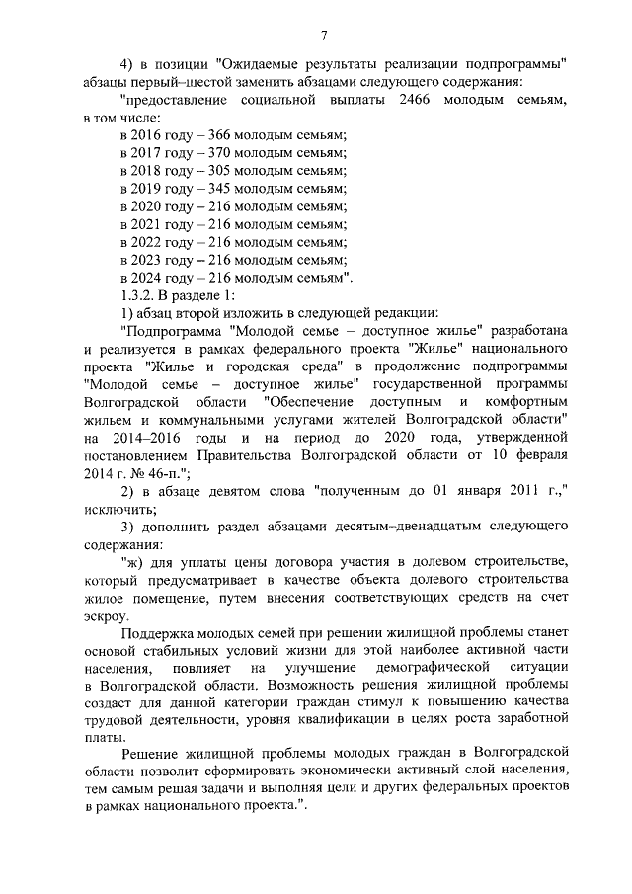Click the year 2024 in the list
point(150,278)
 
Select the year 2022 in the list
point(150,242)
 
